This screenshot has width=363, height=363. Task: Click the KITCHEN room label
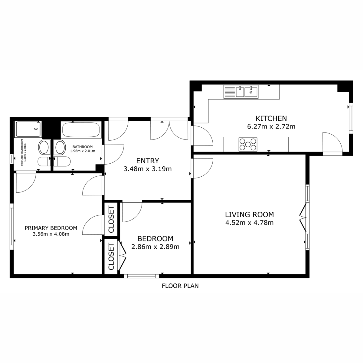pos(271,118)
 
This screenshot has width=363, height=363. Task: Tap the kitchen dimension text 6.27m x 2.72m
pos(271,126)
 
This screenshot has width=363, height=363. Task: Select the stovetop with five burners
pos(248,145)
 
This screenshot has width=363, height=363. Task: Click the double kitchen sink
pos(241,92)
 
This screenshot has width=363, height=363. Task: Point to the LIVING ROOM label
pos(249,214)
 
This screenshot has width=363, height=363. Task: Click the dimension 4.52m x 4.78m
pos(249,223)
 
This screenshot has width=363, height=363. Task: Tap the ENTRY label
pos(148,161)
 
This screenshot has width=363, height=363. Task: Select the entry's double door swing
pos(169,130)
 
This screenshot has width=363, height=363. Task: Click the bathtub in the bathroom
pos(81,129)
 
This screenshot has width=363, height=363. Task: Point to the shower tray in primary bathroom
pos(28,129)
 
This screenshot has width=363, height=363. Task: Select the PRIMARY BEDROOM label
pos(51,228)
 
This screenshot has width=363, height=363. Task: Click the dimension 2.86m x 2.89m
pos(155,247)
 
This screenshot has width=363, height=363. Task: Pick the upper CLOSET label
pos(111,220)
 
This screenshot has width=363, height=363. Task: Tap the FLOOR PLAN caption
pos(180,286)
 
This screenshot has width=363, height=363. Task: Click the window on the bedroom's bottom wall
pos(141,276)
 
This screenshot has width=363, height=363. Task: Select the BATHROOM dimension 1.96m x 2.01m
pos(83,151)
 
